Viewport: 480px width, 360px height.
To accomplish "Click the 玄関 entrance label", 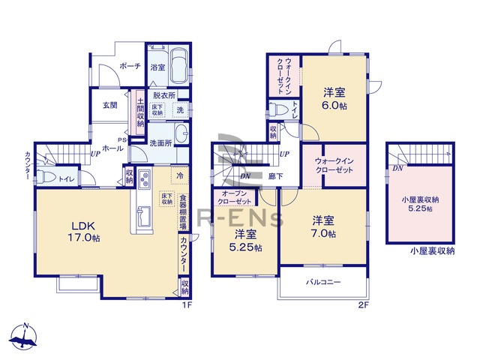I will (109, 105).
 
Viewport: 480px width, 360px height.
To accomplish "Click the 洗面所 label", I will (160, 142).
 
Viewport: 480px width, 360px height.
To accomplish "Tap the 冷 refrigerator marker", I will (180, 175).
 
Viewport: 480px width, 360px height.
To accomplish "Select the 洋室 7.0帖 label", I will (324, 226).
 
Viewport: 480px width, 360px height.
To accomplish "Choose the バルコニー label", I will (323, 283).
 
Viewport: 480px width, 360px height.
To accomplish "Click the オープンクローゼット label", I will (235, 198).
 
